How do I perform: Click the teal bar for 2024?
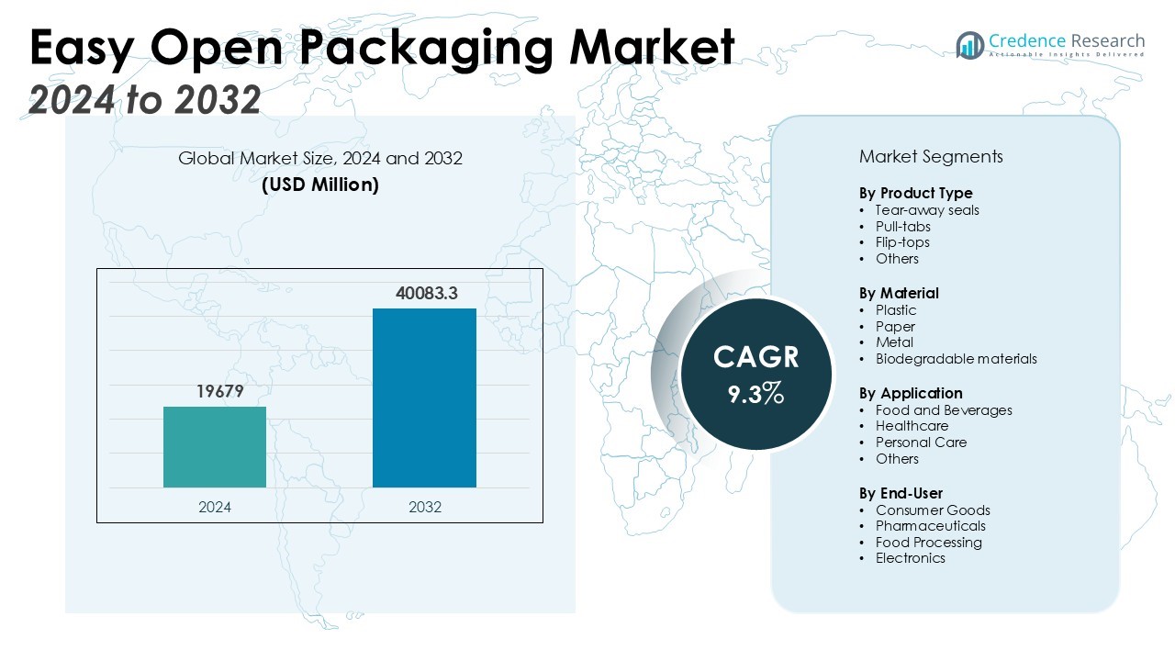(215, 447)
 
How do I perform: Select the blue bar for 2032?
(424, 398)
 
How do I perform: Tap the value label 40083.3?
(426, 294)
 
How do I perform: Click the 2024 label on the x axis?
(215, 507)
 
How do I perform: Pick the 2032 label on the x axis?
(424, 507)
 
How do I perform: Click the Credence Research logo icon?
(969, 45)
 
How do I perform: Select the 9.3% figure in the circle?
(755, 395)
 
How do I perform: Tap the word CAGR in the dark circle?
(755, 357)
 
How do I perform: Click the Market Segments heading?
(931, 156)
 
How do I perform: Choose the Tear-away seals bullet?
(927, 210)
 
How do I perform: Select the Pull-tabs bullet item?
(902, 227)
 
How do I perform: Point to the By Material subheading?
(899, 293)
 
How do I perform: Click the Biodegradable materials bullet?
(956, 359)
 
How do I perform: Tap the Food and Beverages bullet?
(944, 410)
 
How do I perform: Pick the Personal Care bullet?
(921, 443)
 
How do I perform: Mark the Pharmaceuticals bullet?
(930, 526)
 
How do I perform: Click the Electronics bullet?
(910, 558)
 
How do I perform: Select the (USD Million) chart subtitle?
(320, 185)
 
